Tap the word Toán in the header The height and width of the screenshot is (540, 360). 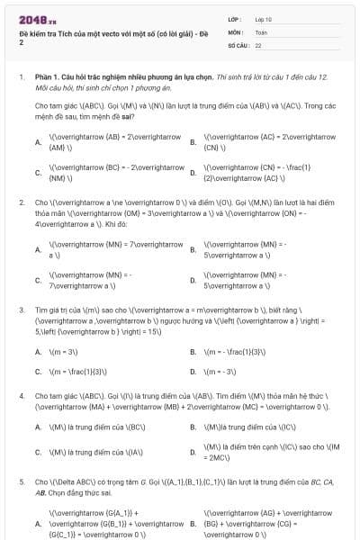(261, 31)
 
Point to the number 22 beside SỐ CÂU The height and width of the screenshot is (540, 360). (258, 44)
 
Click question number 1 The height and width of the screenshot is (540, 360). (21, 77)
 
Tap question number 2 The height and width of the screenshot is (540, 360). (21, 202)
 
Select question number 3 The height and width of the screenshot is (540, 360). (21, 309)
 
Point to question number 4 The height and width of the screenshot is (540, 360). (21, 396)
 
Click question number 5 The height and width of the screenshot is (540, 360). (21, 482)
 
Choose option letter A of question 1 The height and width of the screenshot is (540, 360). (38, 142)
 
